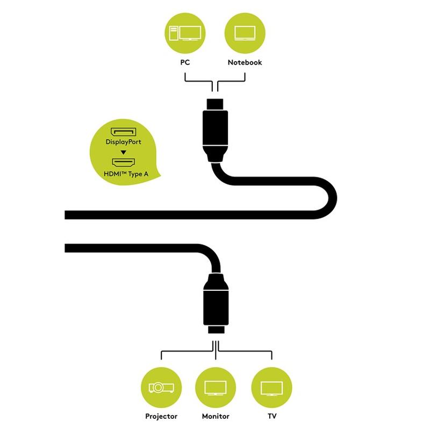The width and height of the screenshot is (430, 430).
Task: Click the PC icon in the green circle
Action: (185, 33)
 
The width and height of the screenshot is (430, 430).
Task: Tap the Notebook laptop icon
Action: (245, 33)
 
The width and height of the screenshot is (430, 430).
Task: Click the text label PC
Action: (185, 62)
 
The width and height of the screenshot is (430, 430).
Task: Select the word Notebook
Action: (245, 62)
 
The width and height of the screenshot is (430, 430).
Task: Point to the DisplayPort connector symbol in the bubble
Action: (124, 132)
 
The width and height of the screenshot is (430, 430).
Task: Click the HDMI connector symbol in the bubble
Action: (124, 161)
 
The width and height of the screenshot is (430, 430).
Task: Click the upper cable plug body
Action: (215, 129)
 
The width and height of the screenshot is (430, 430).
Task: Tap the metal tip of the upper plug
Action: (215, 103)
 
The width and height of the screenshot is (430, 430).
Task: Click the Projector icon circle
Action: (161, 387)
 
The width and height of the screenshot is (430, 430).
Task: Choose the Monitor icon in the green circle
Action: (216, 387)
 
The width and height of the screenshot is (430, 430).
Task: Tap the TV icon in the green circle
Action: (271, 387)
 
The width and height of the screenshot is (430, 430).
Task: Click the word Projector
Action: (161, 416)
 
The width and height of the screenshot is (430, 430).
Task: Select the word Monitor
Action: (216, 416)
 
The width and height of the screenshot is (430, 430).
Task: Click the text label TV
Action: (271, 416)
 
